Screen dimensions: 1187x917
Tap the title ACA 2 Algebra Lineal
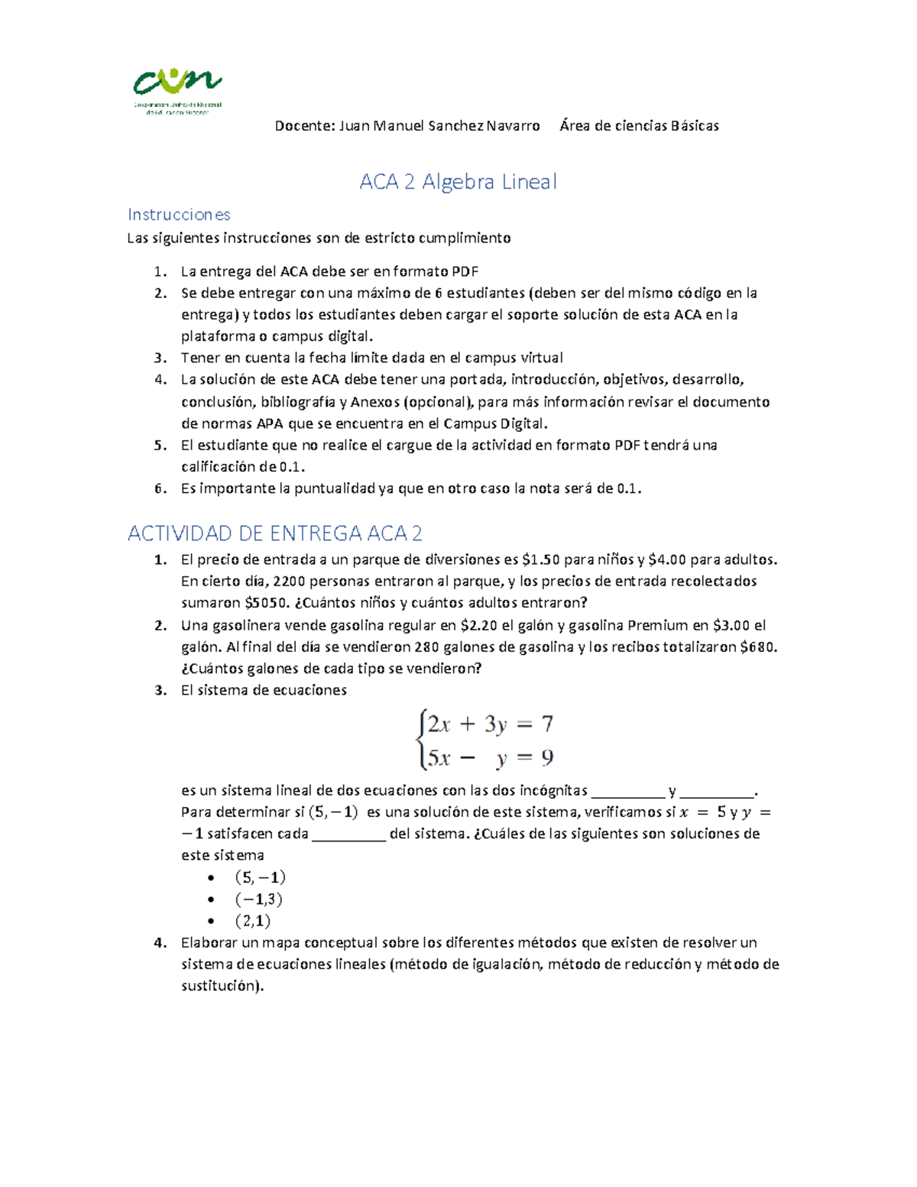pyautogui.click(x=458, y=182)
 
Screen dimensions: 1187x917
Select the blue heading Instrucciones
pyautogui.click(x=179, y=215)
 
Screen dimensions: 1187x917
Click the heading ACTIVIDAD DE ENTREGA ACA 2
pyautogui.click(x=274, y=533)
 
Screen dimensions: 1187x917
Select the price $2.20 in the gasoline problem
pyautogui.click(x=479, y=625)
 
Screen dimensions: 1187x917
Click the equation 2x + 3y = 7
pyautogui.click(x=490, y=724)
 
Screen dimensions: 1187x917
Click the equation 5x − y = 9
pyautogui.click(x=490, y=758)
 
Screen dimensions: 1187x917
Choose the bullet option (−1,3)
pyautogui.click(x=259, y=900)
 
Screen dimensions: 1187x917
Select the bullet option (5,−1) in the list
pyautogui.click(x=260, y=877)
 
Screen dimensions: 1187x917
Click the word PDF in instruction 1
pyautogui.click(x=465, y=271)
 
